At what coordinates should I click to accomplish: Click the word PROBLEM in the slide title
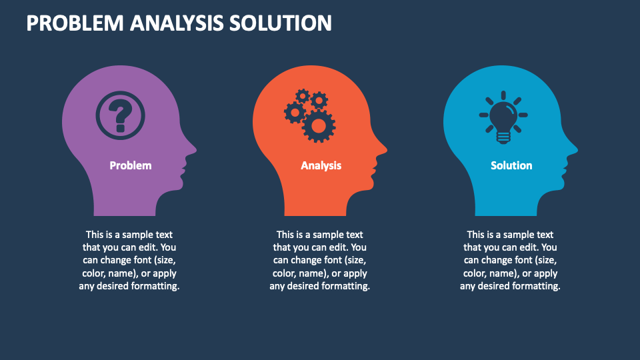75,23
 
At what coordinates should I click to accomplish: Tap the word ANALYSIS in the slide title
177,23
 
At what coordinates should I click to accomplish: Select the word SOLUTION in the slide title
281,23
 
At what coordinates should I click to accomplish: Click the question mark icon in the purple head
120,115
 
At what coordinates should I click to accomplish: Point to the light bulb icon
503,117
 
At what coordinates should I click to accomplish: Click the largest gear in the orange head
319,126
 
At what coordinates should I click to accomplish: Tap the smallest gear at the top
303,96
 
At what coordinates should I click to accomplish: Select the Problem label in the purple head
131,165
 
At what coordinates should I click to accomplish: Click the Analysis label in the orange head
321,165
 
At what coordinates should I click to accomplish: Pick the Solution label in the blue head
511,165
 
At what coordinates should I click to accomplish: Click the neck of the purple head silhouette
125,204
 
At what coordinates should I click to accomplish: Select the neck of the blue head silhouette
506,204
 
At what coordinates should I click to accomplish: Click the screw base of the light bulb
503,137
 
